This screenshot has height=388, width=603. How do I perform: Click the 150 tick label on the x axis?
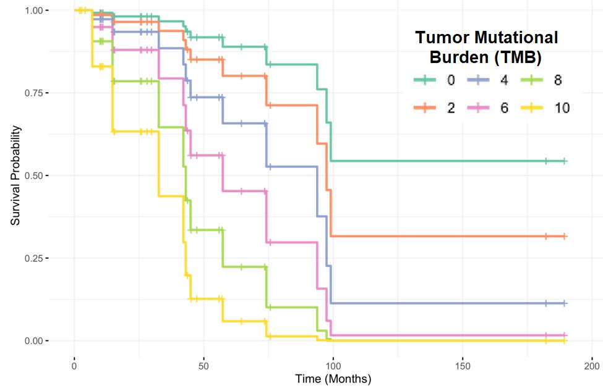pyautogui.click(x=463, y=365)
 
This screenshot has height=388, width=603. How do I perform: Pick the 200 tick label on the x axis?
pyautogui.click(x=592, y=365)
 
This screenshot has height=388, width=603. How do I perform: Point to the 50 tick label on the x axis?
pyautogui.click(x=204, y=365)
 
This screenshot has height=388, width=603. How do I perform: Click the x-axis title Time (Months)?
pyautogui.click(x=333, y=378)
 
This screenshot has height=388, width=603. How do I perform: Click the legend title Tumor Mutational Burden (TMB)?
pyautogui.click(x=485, y=48)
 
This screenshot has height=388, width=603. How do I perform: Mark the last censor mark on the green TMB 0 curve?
pyautogui.click(x=565, y=161)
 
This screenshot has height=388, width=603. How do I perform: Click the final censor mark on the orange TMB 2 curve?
pyautogui.click(x=565, y=237)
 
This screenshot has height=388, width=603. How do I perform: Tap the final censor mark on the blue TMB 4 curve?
pyautogui.click(x=565, y=303)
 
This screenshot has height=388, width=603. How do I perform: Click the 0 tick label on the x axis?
pyautogui.click(x=75, y=365)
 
